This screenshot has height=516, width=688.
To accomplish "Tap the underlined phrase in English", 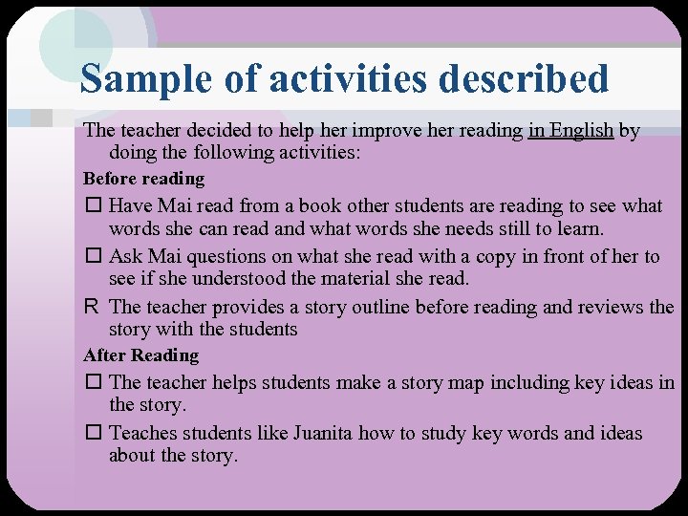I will click(x=570, y=130).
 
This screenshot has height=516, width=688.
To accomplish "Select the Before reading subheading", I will click(x=143, y=179).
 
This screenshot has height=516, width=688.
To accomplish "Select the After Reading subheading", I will click(x=141, y=355).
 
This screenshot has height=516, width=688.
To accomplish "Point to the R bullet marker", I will click(x=91, y=308).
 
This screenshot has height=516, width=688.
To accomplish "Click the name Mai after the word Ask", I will click(x=166, y=256).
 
